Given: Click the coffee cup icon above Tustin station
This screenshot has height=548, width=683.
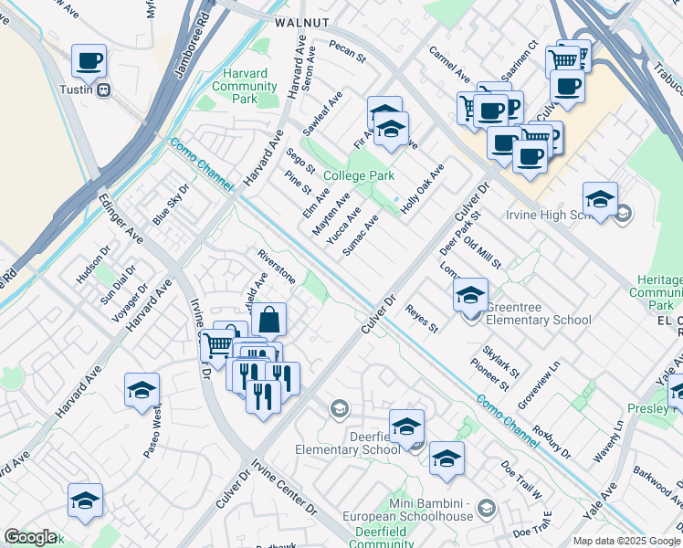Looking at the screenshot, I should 89,61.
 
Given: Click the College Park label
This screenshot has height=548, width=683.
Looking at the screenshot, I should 358,175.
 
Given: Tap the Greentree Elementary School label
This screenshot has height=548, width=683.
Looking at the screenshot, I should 538,313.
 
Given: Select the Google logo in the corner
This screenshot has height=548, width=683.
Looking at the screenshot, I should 30,537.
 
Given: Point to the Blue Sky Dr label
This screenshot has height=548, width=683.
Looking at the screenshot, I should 171,205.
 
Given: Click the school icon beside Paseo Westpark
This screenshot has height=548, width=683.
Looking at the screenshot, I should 142,390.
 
